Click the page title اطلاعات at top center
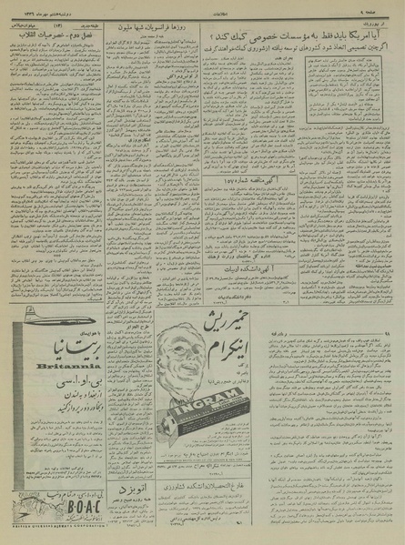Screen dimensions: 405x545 click(x=202, y=6)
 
